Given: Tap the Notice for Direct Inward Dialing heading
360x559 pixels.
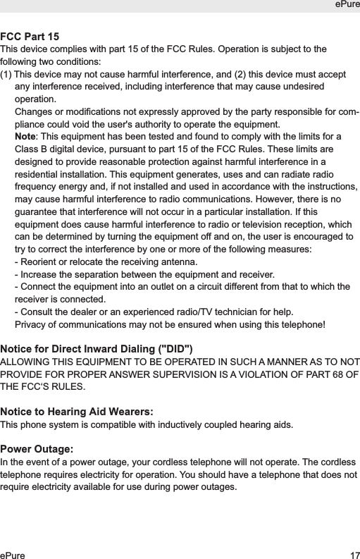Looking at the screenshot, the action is [96, 349].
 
